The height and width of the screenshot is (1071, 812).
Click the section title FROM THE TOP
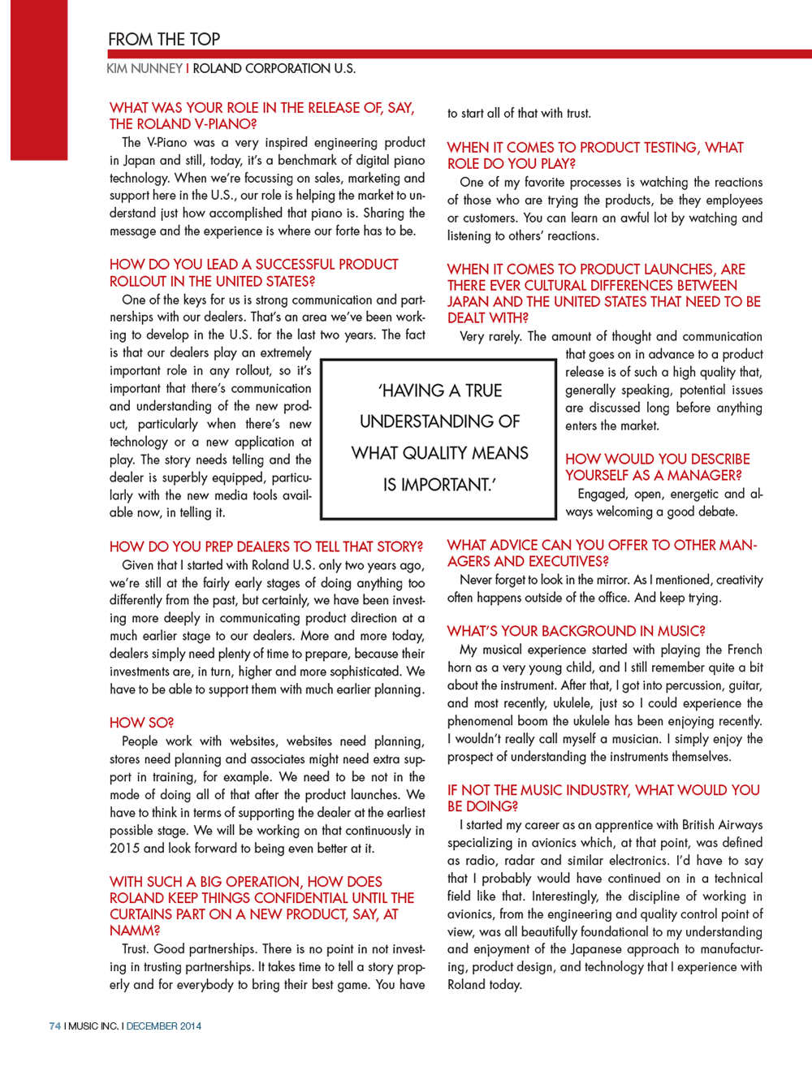click(x=164, y=39)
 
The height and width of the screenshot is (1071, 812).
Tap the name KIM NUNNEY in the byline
click(x=145, y=69)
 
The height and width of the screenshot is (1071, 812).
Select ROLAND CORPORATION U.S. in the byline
click(x=274, y=69)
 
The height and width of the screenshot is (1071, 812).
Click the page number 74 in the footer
click(x=55, y=1026)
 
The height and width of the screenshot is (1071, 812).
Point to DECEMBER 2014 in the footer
click(x=164, y=1026)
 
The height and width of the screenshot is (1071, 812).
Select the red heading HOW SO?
click(x=141, y=723)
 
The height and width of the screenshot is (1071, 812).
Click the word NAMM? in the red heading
click(x=135, y=931)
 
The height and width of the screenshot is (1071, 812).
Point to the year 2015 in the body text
click(x=124, y=849)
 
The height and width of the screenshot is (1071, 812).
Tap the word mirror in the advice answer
click(x=609, y=580)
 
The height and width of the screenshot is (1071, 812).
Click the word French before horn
click(x=745, y=650)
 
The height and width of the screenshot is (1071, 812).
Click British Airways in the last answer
click(x=722, y=825)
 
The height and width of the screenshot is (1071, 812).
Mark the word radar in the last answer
click(x=516, y=861)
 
